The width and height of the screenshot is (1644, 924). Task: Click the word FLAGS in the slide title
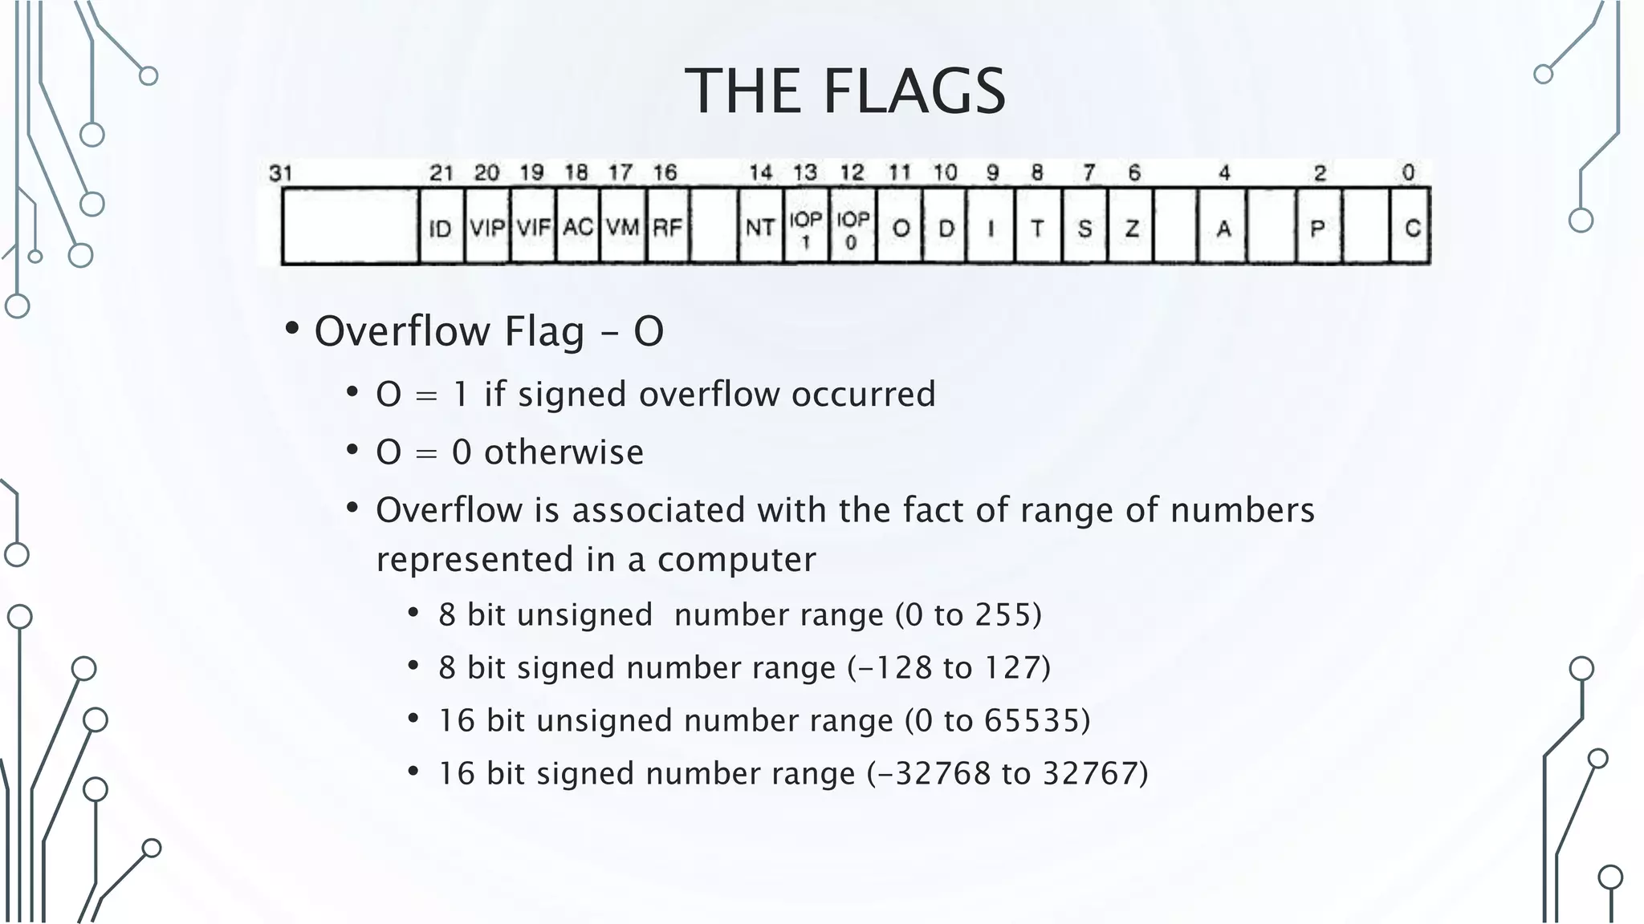[914, 91]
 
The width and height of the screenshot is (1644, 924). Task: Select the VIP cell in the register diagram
[487, 229]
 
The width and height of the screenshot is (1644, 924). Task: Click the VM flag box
[622, 229]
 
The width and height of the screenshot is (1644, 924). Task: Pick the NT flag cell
[759, 229]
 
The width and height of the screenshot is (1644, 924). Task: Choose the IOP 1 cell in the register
[806, 229]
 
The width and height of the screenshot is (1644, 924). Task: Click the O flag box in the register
[900, 229]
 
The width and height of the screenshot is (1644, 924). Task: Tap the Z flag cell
[1131, 229]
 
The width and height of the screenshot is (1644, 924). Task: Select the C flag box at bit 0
[1411, 229]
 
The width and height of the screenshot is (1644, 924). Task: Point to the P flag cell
[1317, 229]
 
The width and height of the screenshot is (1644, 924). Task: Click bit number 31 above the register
[281, 172]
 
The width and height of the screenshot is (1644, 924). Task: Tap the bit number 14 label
[760, 172]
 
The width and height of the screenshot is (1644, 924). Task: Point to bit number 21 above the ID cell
[442, 172]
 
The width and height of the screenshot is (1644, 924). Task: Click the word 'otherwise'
[564, 452]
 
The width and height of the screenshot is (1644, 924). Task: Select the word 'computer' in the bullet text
[736, 560]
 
